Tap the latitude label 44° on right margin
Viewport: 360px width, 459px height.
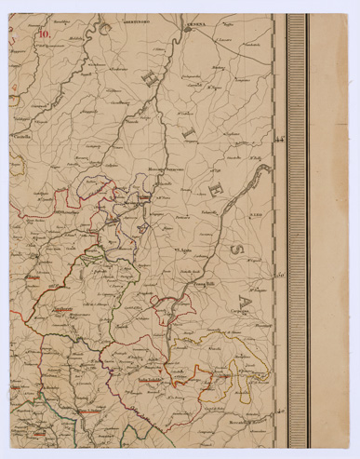point(278,140)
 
